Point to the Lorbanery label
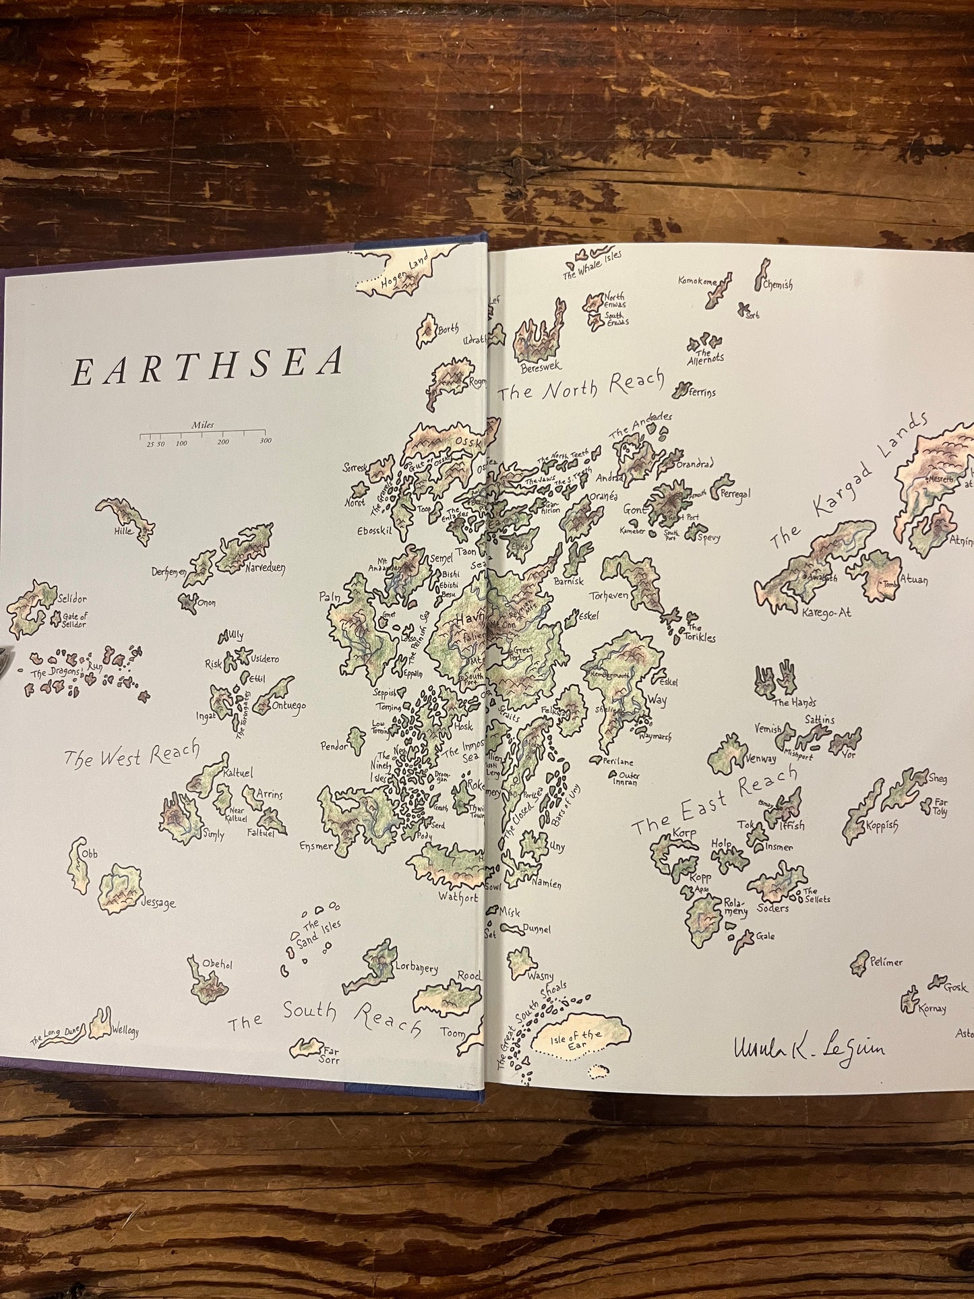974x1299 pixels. tap(418, 968)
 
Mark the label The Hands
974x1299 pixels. tap(789, 702)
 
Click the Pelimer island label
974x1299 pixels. tap(886, 962)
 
